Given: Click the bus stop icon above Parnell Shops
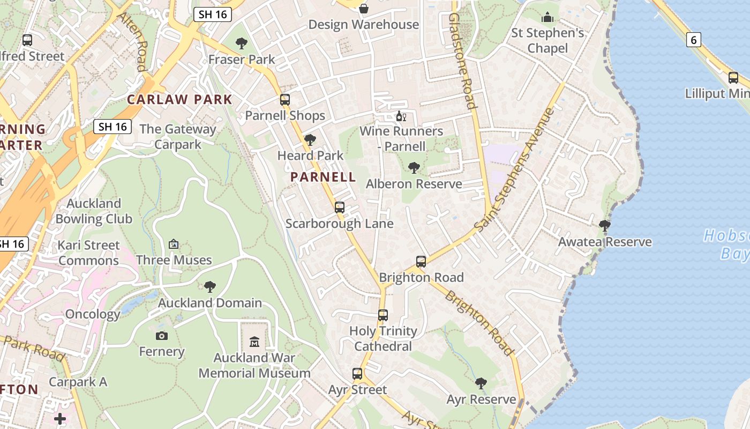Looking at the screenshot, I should (285, 100).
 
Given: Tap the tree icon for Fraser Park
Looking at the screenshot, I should (242, 43).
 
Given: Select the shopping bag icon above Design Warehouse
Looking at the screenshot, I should (364, 9).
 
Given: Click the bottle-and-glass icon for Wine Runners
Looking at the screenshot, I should (401, 116).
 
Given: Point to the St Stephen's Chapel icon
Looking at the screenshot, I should (547, 18).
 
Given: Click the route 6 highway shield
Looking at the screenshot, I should (694, 39).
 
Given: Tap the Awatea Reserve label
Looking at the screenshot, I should (605, 242).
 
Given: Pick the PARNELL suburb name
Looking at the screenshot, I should (323, 177).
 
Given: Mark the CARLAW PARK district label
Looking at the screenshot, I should (179, 99).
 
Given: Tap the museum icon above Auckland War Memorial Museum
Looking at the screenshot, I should (254, 342).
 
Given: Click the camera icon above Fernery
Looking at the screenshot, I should (161, 336).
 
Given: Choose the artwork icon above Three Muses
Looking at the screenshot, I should (174, 245).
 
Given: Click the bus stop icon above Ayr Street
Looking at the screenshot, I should (357, 374).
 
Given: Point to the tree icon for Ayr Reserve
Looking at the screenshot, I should (481, 383).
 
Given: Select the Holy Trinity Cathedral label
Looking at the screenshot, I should (383, 339).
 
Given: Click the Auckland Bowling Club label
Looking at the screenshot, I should (94, 211).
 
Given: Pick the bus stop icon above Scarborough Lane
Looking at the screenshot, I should (340, 208).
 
